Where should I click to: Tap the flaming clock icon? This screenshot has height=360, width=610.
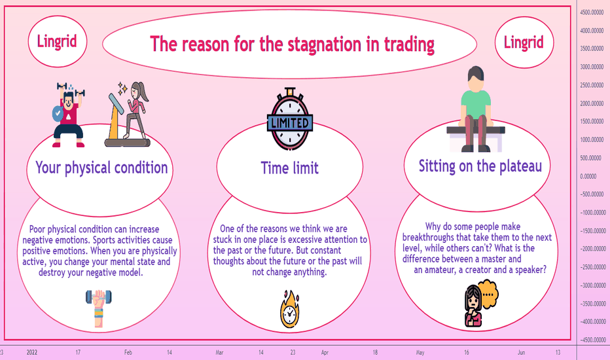tap(290, 309)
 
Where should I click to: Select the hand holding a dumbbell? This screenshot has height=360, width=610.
tap(99, 308)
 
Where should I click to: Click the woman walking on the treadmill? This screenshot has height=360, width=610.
tap(128, 114)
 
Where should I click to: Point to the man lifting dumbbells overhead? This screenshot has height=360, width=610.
tap(69, 115)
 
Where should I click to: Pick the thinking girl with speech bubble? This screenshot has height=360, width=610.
tap(481, 303)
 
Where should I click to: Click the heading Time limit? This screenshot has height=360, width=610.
tap(290, 168)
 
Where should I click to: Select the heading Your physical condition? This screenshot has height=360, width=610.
tap(101, 168)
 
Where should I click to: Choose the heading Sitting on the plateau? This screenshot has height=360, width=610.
tap(480, 166)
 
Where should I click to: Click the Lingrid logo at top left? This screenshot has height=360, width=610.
tap(57, 41)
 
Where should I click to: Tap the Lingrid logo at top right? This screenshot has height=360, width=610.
tap(524, 42)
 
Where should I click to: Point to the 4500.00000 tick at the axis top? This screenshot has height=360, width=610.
tap(592, 12)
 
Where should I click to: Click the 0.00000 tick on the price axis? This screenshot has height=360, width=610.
tap(588, 176)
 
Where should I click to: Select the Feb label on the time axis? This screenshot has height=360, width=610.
tap(128, 353)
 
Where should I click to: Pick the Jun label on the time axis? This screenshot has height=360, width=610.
tap(521, 353)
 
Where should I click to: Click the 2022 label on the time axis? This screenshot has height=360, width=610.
tap(32, 353)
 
